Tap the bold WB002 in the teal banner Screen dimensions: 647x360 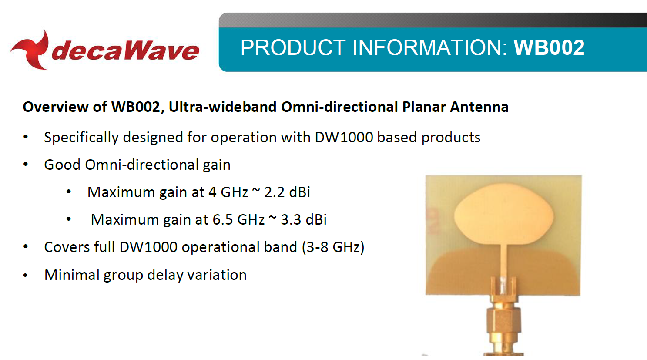(x=549, y=47)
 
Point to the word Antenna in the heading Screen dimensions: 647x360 (x=479, y=107)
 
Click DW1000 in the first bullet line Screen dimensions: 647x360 (x=344, y=137)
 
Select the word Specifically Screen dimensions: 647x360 (x=81, y=138)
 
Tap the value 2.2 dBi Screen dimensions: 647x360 (x=287, y=192)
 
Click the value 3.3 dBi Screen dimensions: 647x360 (x=304, y=219)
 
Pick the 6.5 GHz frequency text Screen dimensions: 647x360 (x=238, y=219)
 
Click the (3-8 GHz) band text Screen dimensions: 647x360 (x=333, y=247)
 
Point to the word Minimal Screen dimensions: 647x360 (x=72, y=275)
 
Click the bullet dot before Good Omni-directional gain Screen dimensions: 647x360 (x=26, y=165)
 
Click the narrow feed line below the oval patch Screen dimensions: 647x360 (x=504, y=262)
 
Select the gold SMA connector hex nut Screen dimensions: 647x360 (x=504, y=321)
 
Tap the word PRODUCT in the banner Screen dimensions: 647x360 (x=293, y=47)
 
